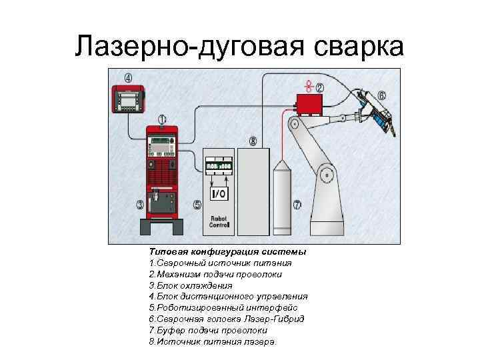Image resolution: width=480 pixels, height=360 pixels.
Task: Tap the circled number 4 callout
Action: [x=127, y=77]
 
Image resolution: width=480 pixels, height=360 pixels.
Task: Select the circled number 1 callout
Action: [x=162, y=119]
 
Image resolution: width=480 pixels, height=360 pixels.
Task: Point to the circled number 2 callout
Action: [x=320, y=87]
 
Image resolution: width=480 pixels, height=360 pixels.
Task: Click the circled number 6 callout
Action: [x=382, y=95]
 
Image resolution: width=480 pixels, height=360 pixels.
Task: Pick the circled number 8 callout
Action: [x=253, y=141]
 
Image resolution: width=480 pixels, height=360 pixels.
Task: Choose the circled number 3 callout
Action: [x=140, y=204]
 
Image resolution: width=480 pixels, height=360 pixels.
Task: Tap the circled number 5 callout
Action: [x=197, y=205]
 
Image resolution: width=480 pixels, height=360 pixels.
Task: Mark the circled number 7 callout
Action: [x=297, y=204]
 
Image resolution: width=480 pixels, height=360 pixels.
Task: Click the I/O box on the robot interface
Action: [x=219, y=194]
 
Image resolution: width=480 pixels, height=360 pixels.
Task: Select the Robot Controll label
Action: [x=219, y=222]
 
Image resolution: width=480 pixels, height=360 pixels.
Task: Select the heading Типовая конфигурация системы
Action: [x=228, y=252]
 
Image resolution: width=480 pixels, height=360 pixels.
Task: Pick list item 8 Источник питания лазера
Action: [x=212, y=341]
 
